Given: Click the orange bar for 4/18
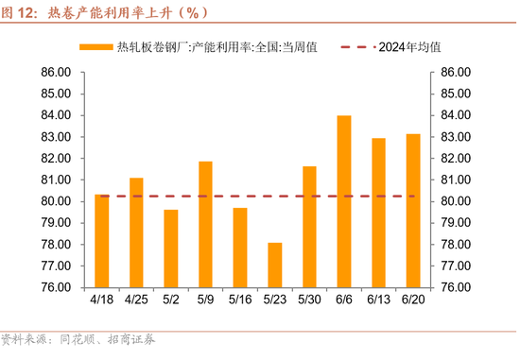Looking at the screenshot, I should pyautogui.click(x=102, y=241).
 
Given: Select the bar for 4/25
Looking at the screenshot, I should pyautogui.click(x=136, y=232).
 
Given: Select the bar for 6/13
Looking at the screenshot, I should pyautogui.click(x=379, y=213).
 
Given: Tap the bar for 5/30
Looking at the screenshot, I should pyautogui.click(x=309, y=227).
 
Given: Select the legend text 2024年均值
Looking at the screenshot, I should pyautogui.click(x=409, y=45).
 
